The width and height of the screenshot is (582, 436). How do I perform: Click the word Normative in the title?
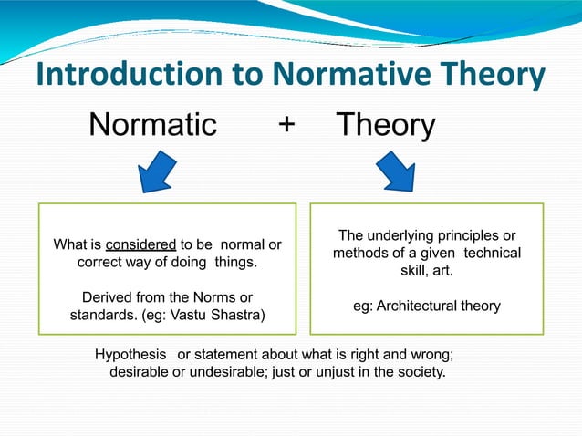(342, 76)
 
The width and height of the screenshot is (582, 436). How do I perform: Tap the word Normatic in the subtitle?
(152, 124)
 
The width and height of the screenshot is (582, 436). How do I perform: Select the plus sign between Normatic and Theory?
(286, 125)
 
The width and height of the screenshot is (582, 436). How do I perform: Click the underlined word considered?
(141, 244)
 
